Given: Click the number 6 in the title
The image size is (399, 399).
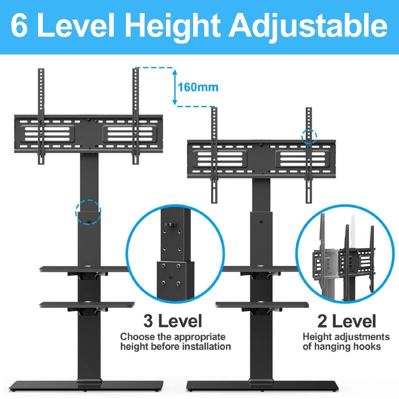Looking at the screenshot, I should coord(21,26).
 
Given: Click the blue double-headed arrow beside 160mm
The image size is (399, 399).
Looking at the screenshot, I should coord(175,87).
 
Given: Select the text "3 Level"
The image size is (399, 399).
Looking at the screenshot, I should coord(173,320).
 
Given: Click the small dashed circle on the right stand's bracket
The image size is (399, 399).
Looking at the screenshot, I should coord(309,136).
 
